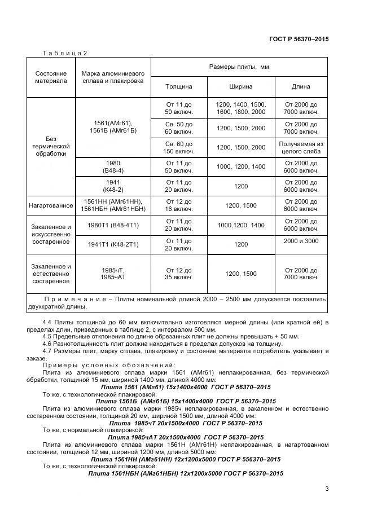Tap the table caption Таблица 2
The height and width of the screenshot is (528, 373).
tap(65, 53)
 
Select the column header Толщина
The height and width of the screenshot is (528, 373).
tap(178, 87)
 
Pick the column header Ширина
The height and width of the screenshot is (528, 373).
tap(241, 87)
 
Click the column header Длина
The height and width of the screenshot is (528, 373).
tap(301, 87)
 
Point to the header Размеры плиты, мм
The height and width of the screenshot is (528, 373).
tap(240, 67)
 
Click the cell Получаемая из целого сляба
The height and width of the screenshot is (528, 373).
tap(301, 147)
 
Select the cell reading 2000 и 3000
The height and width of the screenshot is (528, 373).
tap(301, 241)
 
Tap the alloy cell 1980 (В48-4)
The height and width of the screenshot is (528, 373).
tap(113, 166)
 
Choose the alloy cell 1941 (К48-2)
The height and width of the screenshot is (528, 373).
tap(113, 186)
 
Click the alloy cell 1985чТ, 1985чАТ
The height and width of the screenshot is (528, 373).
tap(113, 274)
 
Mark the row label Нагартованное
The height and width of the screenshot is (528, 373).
tap(51, 205)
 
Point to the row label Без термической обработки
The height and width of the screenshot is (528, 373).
tap(51, 146)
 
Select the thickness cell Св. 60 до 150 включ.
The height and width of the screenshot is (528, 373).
tap(178, 147)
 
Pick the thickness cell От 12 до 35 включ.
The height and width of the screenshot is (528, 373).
tap(178, 274)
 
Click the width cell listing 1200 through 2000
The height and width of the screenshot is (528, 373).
tap(241, 108)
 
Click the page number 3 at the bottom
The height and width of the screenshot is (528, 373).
tap(327, 489)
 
